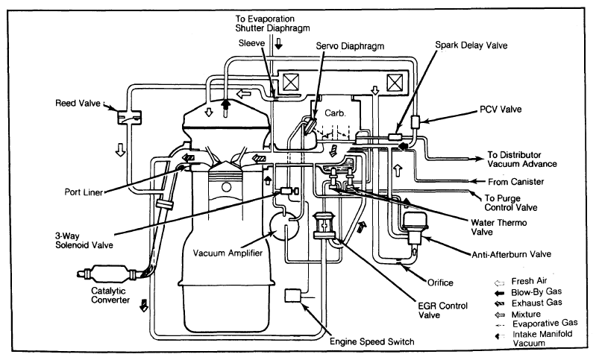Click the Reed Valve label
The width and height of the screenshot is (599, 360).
78,103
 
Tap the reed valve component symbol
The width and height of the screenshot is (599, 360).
129,117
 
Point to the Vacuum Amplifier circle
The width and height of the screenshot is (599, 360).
284,226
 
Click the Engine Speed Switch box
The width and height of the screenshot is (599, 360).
292,295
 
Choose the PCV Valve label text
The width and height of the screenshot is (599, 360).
501,109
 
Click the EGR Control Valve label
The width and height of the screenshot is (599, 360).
442,310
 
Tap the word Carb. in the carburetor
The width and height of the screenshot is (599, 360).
335,113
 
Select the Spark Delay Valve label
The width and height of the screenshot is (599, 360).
471,45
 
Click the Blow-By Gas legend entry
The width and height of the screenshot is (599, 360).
528,292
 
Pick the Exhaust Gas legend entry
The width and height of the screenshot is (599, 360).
528,303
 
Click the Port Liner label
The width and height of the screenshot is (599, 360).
84,192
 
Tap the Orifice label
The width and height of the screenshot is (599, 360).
440,283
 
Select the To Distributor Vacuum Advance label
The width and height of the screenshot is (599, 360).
522,160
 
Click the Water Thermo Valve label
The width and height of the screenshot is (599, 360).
498,227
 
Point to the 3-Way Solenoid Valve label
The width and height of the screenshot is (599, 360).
84,241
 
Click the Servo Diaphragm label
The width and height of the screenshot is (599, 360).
350,46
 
